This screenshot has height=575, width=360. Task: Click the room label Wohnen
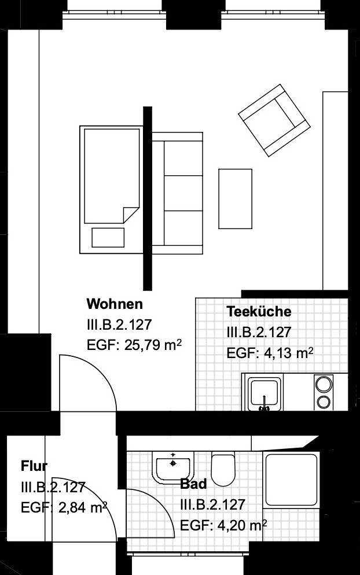[114, 304]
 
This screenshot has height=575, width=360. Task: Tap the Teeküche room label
[259, 312]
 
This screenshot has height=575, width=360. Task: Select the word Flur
[34, 466]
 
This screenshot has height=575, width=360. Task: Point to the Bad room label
[193, 484]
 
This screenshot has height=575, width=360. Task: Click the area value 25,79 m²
[153, 346]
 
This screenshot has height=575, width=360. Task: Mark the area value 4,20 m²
[240, 525]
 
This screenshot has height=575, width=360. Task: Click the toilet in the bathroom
[223, 469]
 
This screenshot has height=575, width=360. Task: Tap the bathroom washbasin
[173, 465]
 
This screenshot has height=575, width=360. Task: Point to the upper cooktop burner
[324, 382]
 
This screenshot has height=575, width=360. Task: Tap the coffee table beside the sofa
[236, 198]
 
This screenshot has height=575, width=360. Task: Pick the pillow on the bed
[108, 237]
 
